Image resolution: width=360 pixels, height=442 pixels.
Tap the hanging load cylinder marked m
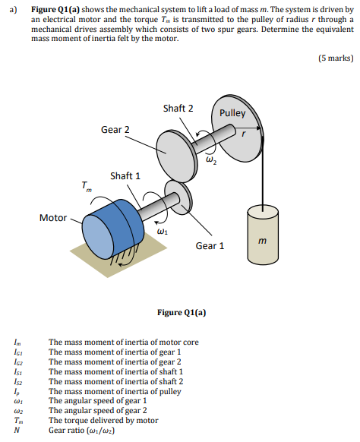click(x=263, y=235)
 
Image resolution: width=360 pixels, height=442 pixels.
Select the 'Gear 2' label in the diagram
click(x=115, y=130)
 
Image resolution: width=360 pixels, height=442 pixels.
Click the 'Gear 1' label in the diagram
click(x=210, y=246)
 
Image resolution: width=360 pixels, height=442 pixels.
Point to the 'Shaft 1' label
click(x=125, y=176)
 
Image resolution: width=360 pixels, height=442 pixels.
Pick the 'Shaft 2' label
click(x=178, y=109)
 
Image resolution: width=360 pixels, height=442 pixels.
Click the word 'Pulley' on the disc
click(x=232, y=113)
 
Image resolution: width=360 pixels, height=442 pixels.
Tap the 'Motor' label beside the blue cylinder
click(x=53, y=218)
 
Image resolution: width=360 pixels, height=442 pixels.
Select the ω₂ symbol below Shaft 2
click(x=211, y=160)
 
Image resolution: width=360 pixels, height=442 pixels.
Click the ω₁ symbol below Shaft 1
click(x=163, y=232)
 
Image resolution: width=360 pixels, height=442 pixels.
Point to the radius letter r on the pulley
click(x=244, y=134)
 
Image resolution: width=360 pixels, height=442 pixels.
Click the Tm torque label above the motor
click(x=87, y=186)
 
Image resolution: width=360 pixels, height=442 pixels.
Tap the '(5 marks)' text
click(x=336, y=58)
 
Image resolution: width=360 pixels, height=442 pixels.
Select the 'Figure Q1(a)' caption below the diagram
click(x=182, y=312)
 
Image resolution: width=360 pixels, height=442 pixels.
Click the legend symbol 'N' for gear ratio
click(x=17, y=430)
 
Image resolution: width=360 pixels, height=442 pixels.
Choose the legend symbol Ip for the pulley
click(x=17, y=392)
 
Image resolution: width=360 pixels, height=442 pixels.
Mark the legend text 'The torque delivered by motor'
click(x=103, y=420)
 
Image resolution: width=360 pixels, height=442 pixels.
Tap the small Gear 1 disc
click(x=178, y=198)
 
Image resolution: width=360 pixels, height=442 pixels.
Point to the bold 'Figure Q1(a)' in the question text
click(x=55, y=10)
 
